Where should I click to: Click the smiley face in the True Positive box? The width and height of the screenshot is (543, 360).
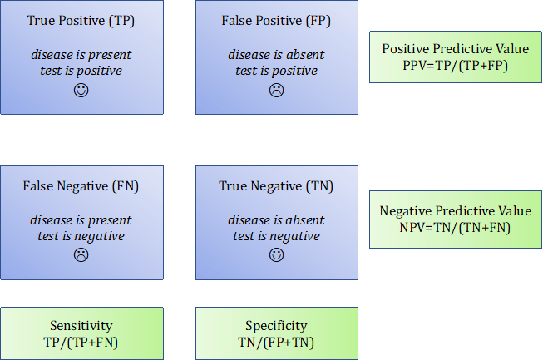tap(81, 91)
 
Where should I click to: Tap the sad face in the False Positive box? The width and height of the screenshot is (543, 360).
tap(276, 91)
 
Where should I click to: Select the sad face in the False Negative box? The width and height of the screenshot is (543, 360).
tap(81, 255)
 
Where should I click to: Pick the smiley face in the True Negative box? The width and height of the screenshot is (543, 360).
tap(276, 255)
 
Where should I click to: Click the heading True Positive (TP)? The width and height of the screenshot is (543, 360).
tap(81, 21)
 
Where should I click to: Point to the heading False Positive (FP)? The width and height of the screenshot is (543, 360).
tap(276, 21)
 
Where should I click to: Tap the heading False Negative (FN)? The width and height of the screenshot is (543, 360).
tap(81, 186)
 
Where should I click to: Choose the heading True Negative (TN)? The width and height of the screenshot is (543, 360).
tap(276, 186)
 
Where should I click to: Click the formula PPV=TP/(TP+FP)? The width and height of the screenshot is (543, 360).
tap(456, 65)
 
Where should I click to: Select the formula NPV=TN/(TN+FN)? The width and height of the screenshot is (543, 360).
tap(455, 228)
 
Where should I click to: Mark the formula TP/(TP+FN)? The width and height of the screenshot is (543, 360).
tap(81, 342)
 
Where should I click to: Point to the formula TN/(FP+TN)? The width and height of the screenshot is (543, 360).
tap(276, 342)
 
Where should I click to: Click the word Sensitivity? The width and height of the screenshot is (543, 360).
tap(81, 326)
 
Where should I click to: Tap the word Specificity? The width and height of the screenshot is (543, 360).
tap(276, 326)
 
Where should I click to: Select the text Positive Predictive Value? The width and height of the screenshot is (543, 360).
tap(456, 48)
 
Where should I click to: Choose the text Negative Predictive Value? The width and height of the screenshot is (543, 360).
tap(456, 211)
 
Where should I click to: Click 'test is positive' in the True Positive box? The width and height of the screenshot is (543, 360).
tap(81, 71)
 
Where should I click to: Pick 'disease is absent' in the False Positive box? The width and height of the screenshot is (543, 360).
tap(276, 54)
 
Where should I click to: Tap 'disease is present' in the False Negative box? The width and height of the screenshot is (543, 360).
tap(81, 219)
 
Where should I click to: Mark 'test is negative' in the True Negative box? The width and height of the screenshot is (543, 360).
tap(276, 236)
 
